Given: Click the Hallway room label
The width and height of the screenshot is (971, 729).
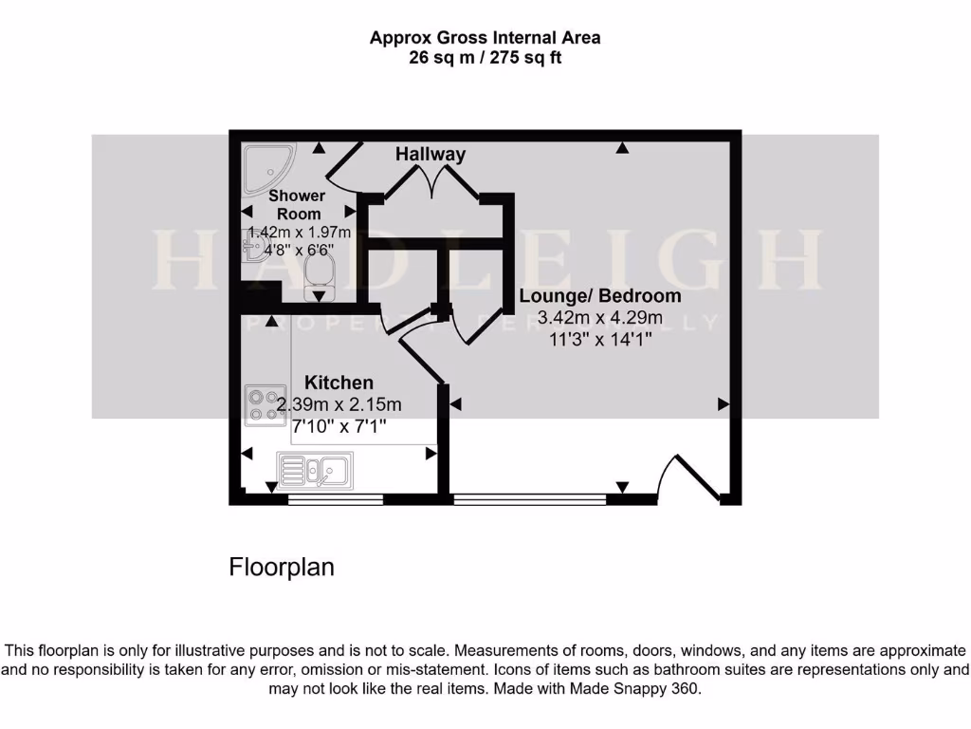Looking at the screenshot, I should pyautogui.click(x=431, y=154).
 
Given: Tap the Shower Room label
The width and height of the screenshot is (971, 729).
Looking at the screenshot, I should pyautogui.click(x=297, y=205).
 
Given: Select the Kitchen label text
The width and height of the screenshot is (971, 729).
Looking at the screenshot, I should pyautogui.click(x=339, y=383).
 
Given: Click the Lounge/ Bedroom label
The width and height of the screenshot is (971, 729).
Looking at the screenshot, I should pyautogui.click(x=599, y=296).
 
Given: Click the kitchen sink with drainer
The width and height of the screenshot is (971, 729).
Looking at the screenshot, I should pyautogui.click(x=316, y=469).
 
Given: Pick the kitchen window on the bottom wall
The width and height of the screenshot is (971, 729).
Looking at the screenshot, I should pyautogui.click(x=335, y=497).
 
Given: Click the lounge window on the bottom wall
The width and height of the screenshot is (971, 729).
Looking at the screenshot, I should pyautogui.click(x=529, y=497).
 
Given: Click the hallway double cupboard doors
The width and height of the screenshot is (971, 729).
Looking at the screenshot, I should pyautogui.click(x=432, y=180).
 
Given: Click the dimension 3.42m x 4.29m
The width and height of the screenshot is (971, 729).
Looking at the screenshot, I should pyautogui.click(x=599, y=318).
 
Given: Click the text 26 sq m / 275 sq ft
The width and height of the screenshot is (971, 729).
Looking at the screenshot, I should pyautogui.click(x=485, y=57).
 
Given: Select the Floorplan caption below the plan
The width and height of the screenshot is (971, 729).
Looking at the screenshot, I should pyautogui.click(x=282, y=568).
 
